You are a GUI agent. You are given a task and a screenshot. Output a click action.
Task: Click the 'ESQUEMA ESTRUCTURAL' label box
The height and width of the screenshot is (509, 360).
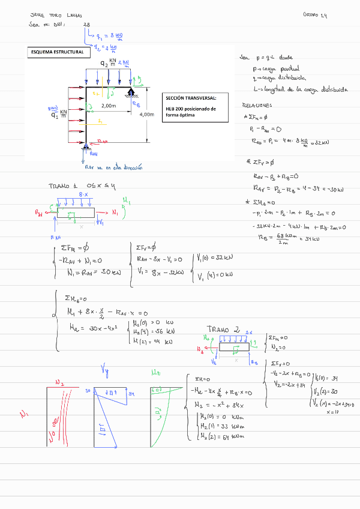coord(57,53)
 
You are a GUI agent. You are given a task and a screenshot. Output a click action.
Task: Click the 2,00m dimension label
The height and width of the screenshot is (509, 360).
coord(109,106)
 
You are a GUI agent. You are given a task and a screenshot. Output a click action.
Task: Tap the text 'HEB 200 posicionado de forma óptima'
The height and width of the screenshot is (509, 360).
coord(191,112)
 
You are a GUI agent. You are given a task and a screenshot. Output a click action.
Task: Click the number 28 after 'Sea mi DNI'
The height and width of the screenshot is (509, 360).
coord(87,25)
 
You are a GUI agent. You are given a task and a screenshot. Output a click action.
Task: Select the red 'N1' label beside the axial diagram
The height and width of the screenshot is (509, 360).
coord(25,414)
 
